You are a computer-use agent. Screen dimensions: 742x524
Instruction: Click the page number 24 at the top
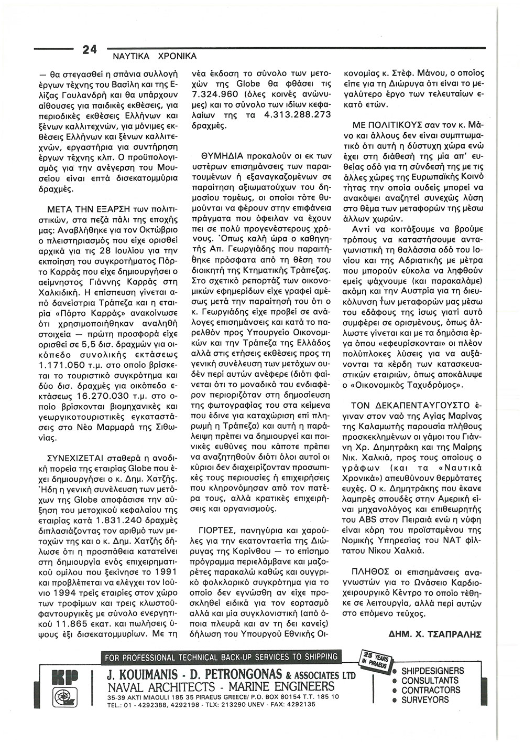[90, 50]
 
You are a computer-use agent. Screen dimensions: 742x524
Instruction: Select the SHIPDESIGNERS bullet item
[432, 671]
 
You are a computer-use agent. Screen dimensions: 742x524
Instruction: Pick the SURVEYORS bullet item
[425, 700]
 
